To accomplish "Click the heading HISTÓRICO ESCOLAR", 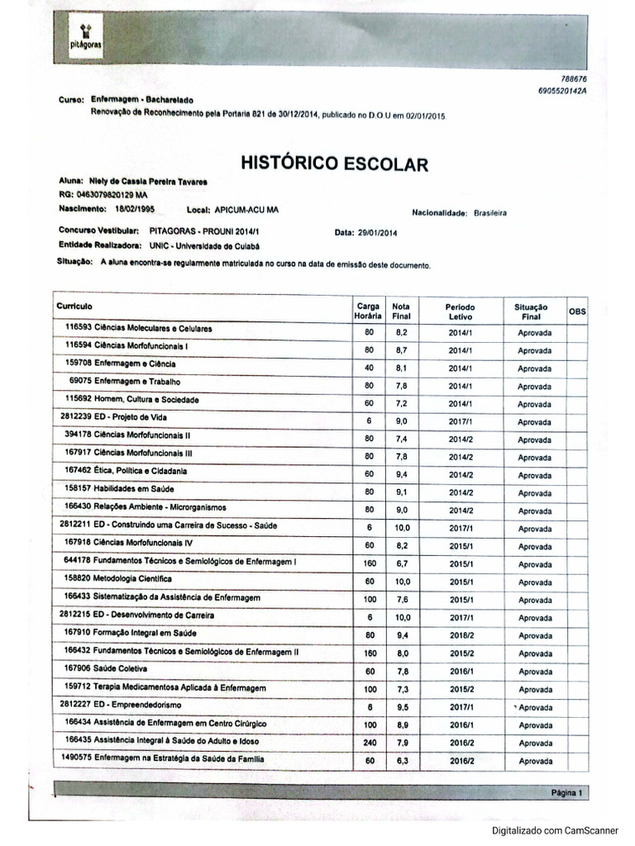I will pyautogui.click(x=334, y=163).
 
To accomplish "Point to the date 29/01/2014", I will pyautogui.click(x=377, y=234).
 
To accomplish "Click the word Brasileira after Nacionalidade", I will pyautogui.click(x=490, y=213).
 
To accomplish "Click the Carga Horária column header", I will pyautogui.click(x=368, y=310).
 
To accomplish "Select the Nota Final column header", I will pyautogui.click(x=401, y=310).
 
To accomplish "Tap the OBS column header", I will pyautogui.click(x=577, y=311).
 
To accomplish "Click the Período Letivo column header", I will pyautogui.click(x=459, y=311).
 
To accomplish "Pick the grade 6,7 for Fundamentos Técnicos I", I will pyautogui.click(x=402, y=563).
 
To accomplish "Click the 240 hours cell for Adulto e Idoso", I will pyautogui.click(x=369, y=743).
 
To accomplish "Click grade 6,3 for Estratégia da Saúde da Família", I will pyautogui.click(x=402, y=761).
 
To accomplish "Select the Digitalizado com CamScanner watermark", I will pyautogui.click(x=559, y=830).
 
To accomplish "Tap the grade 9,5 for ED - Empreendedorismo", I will pyautogui.click(x=402, y=707).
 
